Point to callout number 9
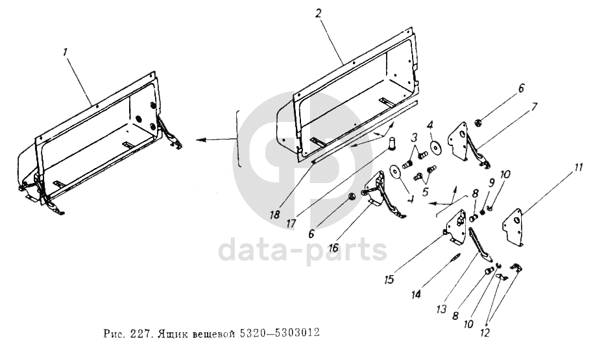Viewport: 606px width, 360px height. tap(491, 182)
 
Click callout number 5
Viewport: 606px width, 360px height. tap(426, 192)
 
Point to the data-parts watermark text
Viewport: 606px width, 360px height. tap(303, 250)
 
